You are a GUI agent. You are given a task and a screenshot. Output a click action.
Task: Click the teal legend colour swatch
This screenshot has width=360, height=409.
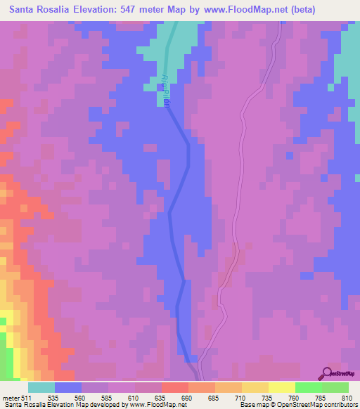pyautogui.click(x=41, y=387)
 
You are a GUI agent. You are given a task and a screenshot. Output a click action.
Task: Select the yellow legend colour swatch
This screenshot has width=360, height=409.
pyautogui.click(x=255, y=387)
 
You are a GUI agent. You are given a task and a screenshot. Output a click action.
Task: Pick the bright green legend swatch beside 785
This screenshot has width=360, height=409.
pyautogui.click(x=309, y=387)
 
